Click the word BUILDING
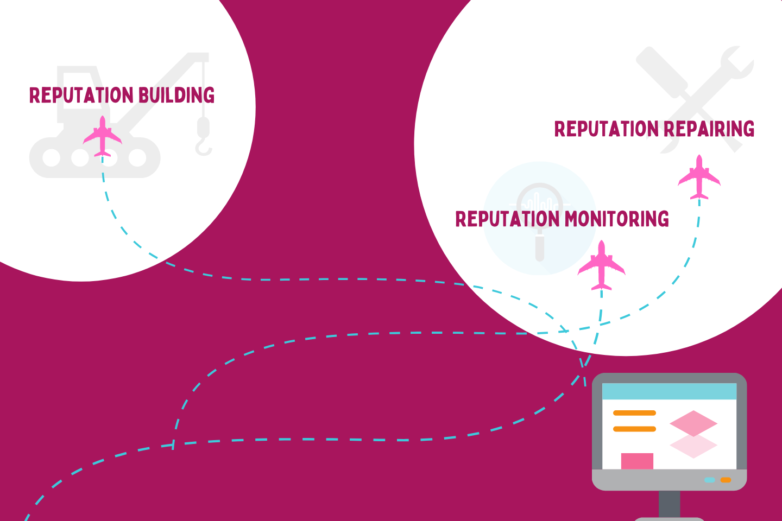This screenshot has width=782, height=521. click(x=176, y=96)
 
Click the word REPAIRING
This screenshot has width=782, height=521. click(x=709, y=129)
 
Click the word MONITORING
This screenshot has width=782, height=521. click(x=616, y=219)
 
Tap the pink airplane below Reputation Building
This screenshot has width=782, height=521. click(x=102, y=136)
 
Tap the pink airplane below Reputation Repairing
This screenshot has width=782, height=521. click(x=699, y=177)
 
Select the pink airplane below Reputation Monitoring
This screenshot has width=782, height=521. click(x=601, y=265)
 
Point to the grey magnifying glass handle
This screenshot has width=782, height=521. click(x=540, y=246)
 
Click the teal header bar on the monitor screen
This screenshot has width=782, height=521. click(x=669, y=391)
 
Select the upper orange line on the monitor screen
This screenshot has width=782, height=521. click(x=634, y=413)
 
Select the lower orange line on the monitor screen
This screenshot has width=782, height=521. click(x=634, y=429)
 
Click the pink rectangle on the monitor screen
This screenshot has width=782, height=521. click(x=637, y=461)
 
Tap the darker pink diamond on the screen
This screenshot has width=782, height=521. click(x=693, y=423)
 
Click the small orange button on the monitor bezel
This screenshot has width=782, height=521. click(x=726, y=480)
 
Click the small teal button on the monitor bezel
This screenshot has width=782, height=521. click(x=709, y=480)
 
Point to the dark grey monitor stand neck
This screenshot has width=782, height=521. click(x=669, y=504)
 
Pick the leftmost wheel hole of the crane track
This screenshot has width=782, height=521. click(x=51, y=158)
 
